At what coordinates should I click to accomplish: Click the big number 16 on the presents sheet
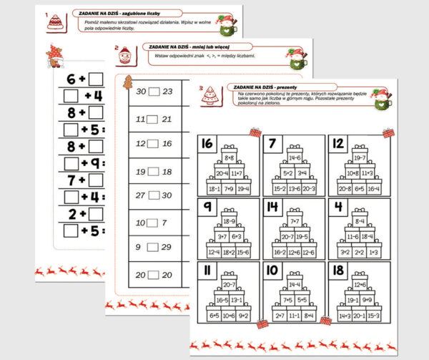207,144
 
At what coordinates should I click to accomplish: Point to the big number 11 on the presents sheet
207,271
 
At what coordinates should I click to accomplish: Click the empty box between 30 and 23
154,92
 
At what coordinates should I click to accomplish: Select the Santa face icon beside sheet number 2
124,53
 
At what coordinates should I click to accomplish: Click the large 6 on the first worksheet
71,79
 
